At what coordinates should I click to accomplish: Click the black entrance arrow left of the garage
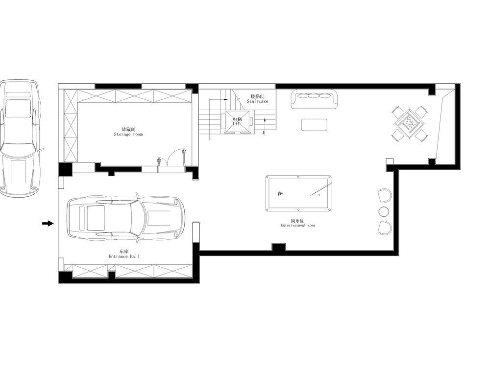click(x=48, y=223)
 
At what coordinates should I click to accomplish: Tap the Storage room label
click(x=128, y=135)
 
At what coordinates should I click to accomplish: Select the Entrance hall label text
click(x=124, y=256)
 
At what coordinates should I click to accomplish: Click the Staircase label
click(x=258, y=101)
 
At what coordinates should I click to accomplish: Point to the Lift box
click(x=238, y=122)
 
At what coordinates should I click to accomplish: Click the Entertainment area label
click(x=297, y=225)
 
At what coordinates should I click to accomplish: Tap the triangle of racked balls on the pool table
click(x=280, y=193)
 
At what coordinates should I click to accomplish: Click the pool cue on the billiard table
click(x=321, y=189)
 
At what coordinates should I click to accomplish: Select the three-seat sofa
click(x=315, y=99)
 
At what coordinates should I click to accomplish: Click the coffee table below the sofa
click(x=315, y=125)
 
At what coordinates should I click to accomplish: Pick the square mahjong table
click(x=410, y=124)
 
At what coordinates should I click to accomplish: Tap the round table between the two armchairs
click(x=384, y=211)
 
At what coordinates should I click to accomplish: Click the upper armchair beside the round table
click(x=385, y=195)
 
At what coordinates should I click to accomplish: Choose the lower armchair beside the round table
click(x=385, y=228)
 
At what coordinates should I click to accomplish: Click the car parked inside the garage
click(x=126, y=218)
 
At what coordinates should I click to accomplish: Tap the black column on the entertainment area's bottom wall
click(x=278, y=248)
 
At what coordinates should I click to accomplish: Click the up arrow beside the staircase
click(x=265, y=124)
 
